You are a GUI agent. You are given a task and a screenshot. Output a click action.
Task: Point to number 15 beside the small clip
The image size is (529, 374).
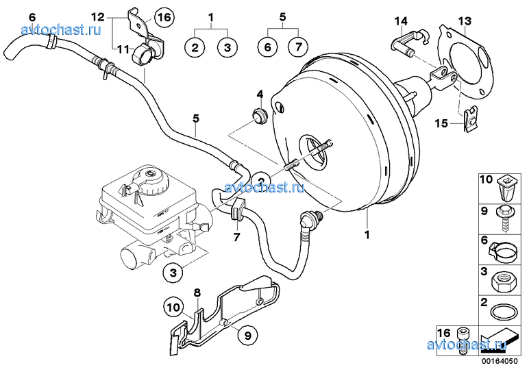click(x=442, y=123)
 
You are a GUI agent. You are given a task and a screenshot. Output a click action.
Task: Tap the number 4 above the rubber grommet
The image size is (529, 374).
click(x=260, y=94)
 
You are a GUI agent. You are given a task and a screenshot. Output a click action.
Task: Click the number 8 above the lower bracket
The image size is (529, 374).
click(x=197, y=293)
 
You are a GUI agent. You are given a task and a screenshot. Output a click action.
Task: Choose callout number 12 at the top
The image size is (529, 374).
click(x=98, y=16)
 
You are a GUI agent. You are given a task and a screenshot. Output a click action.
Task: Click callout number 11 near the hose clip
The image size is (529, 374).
click(x=122, y=49)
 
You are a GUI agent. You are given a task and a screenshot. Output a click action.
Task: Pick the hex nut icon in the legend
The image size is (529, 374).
click(x=505, y=275)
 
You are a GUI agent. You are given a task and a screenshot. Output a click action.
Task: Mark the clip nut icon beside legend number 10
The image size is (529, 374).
click(x=505, y=183)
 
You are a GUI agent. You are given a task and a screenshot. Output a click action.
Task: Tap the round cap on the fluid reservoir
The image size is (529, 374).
click(x=150, y=181)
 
